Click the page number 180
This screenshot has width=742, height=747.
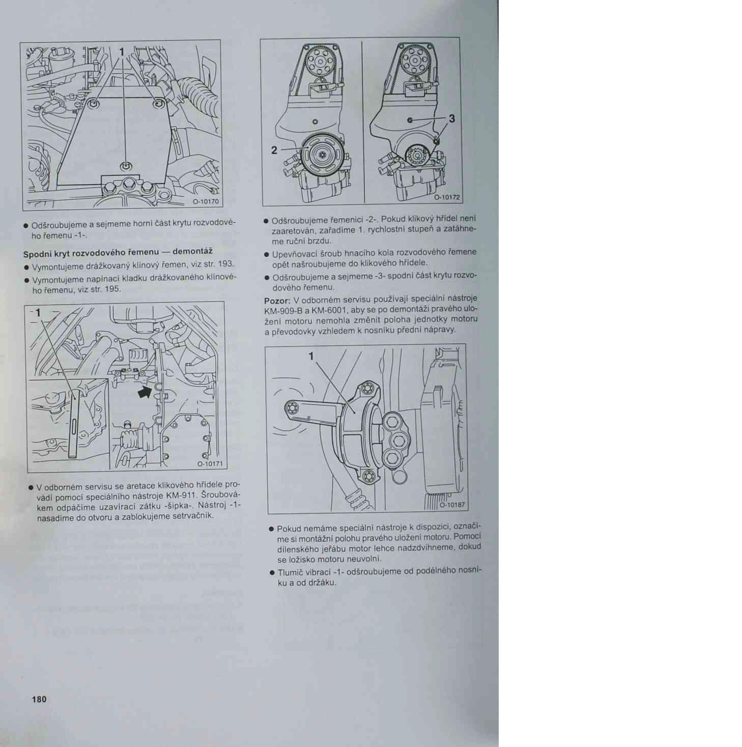(x=39, y=699)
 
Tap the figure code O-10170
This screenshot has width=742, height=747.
(x=205, y=201)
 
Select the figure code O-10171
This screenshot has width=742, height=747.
(x=209, y=464)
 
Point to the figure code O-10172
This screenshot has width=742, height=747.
(x=446, y=197)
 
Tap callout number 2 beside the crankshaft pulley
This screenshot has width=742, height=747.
(x=274, y=150)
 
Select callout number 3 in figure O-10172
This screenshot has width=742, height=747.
(x=451, y=118)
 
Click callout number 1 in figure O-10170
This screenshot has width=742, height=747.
(x=122, y=51)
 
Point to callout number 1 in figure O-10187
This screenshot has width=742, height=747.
(x=311, y=356)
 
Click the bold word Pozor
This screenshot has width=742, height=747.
(x=277, y=301)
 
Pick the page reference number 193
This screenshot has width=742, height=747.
(x=225, y=264)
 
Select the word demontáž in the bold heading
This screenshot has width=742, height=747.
(x=192, y=251)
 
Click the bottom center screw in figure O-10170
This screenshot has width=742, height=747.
(x=126, y=166)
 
